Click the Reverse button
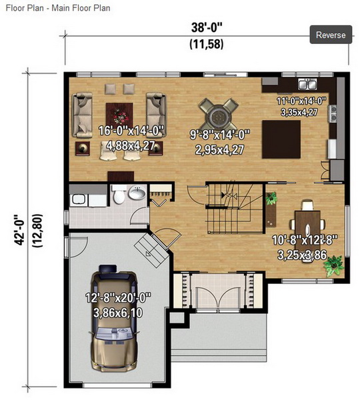coord(331,35)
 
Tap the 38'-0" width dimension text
coord(207,27)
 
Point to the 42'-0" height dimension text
coord(19,230)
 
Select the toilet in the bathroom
coord(119,195)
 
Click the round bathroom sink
coord(137,193)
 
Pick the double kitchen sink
coord(307,84)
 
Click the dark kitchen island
coord(281,139)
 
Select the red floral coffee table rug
coord(119,115)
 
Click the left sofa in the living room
coord(82,115)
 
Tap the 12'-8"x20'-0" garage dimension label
coord(118,298)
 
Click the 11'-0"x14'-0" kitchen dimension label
coord(301,101)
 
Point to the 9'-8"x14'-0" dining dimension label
coord(220,135)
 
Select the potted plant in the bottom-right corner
coord(333,265)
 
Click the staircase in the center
coord(234,207)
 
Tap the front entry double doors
coord(218,297)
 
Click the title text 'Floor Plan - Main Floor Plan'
coord(58,8)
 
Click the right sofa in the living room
coord(156,115)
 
